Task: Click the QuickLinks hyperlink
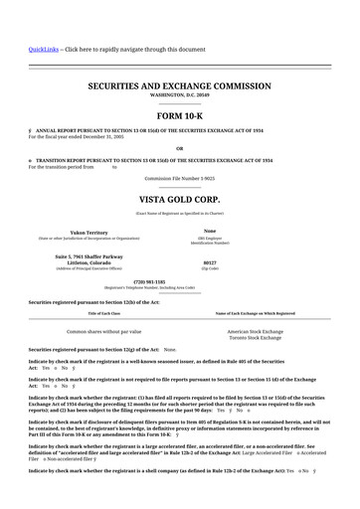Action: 43,49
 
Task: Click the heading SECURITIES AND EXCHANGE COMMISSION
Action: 179,87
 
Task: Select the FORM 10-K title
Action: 179,116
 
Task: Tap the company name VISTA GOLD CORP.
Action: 180,199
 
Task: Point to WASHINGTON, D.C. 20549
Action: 180,97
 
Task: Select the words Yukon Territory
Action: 89,231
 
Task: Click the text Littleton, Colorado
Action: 89,263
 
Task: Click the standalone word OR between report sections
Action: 179,148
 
